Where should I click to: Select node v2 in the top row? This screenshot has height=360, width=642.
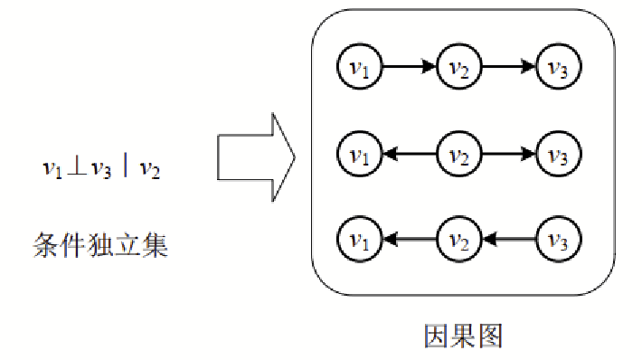(x=459, y=66)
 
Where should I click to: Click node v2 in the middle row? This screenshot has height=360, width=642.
(x=459, y=154)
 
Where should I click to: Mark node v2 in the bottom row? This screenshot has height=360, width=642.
(x=459, y=240)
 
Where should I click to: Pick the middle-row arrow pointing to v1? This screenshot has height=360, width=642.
(x=409, y=154)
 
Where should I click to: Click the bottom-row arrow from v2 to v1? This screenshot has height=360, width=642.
(x=409, y=240)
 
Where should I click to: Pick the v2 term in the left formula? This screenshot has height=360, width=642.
(x=149, y=170)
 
